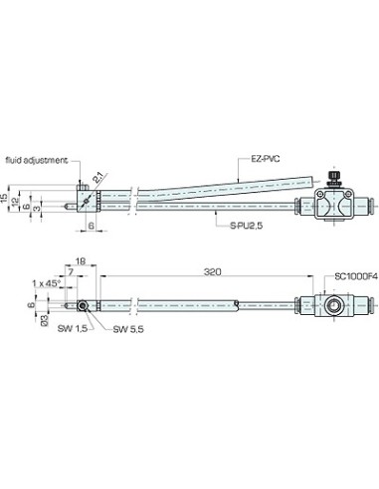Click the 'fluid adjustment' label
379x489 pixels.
(37, 160)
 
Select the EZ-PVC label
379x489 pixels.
(265, 159)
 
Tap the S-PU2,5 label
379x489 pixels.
(247, 226)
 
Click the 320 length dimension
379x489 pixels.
(212, 272)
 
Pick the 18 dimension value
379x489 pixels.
(81, 261)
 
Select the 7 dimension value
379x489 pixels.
(71, 271)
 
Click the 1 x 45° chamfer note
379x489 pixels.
(47, 283)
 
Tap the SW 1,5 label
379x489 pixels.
(73, 328)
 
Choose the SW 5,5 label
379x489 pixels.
(128, 329)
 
